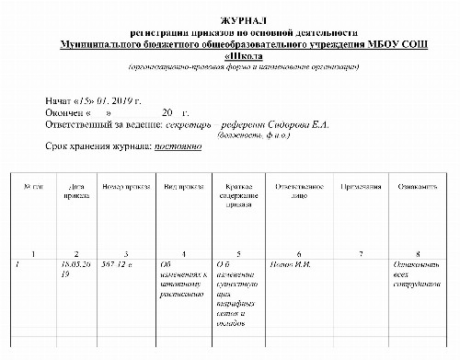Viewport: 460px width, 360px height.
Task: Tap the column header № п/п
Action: [33, 186]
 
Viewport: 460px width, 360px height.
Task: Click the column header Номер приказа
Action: [125, 186]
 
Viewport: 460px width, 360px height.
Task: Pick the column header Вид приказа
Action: [183, 186]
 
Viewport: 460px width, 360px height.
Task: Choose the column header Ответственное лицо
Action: [298, 191]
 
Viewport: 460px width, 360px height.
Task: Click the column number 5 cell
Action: [239, 253]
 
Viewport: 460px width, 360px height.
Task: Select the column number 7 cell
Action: [360, 253]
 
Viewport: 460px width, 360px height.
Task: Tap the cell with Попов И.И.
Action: [293, 265]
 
